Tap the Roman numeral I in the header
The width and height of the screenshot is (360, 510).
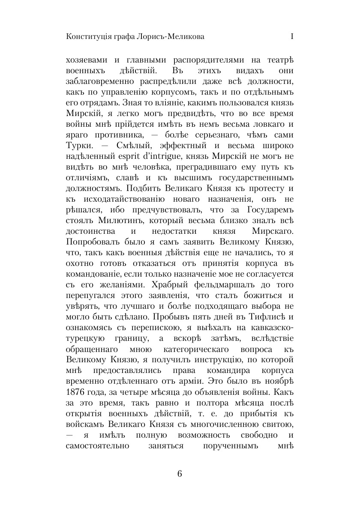click(x=291, y=37)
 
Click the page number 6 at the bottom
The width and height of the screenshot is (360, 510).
click(x=180, y=474)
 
